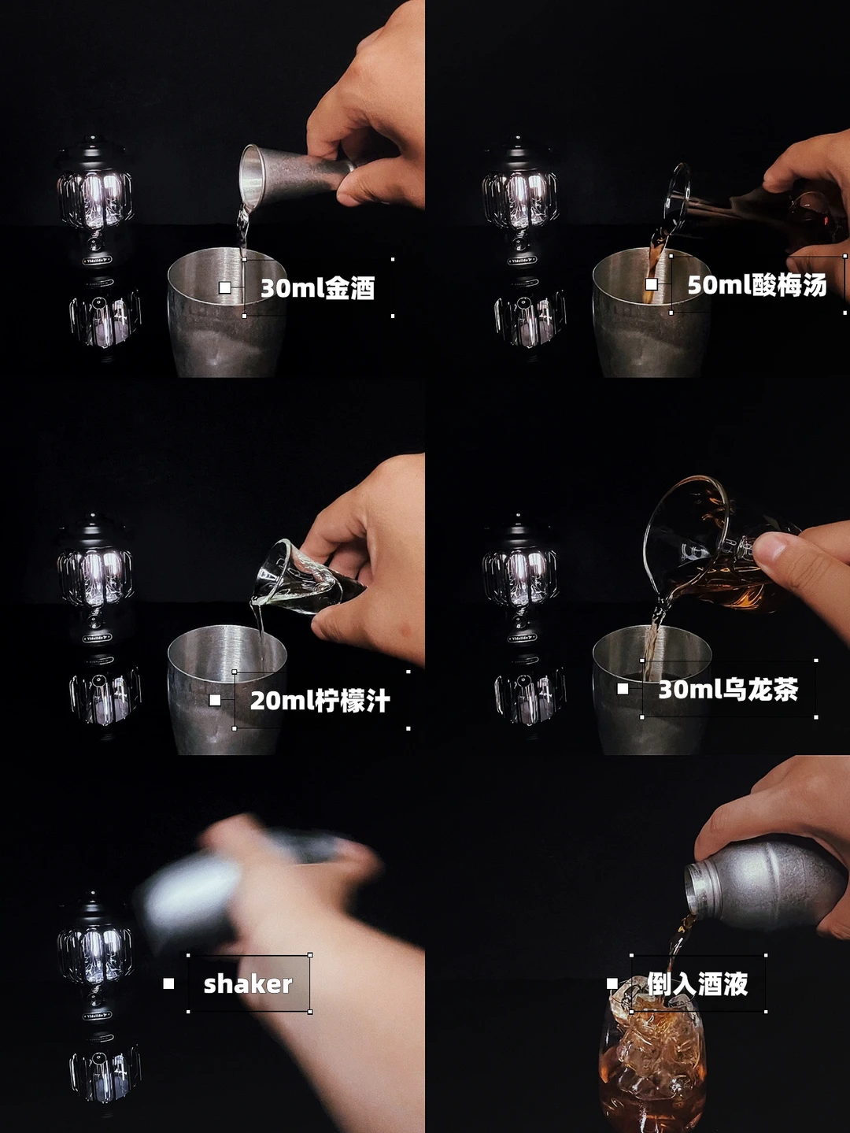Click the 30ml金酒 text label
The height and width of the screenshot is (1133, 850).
pos(317,288)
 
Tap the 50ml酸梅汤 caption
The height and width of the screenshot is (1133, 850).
pos(756,285)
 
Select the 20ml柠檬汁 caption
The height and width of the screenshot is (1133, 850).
pos(320,701)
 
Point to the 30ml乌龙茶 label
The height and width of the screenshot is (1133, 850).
pos(728,690)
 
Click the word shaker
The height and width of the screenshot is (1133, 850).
pos(248,984)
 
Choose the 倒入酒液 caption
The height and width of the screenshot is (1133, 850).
pos(698,984)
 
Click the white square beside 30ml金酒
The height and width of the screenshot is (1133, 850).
pos(225,287)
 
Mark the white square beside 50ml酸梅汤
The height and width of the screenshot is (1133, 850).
pos(652,284)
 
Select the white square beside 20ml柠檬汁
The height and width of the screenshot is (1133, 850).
pos(215,700)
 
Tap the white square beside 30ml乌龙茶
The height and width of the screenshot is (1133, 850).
pos(623,689)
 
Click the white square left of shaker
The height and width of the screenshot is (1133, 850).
pos(168,984)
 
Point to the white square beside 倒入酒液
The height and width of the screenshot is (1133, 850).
pos(612,984)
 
